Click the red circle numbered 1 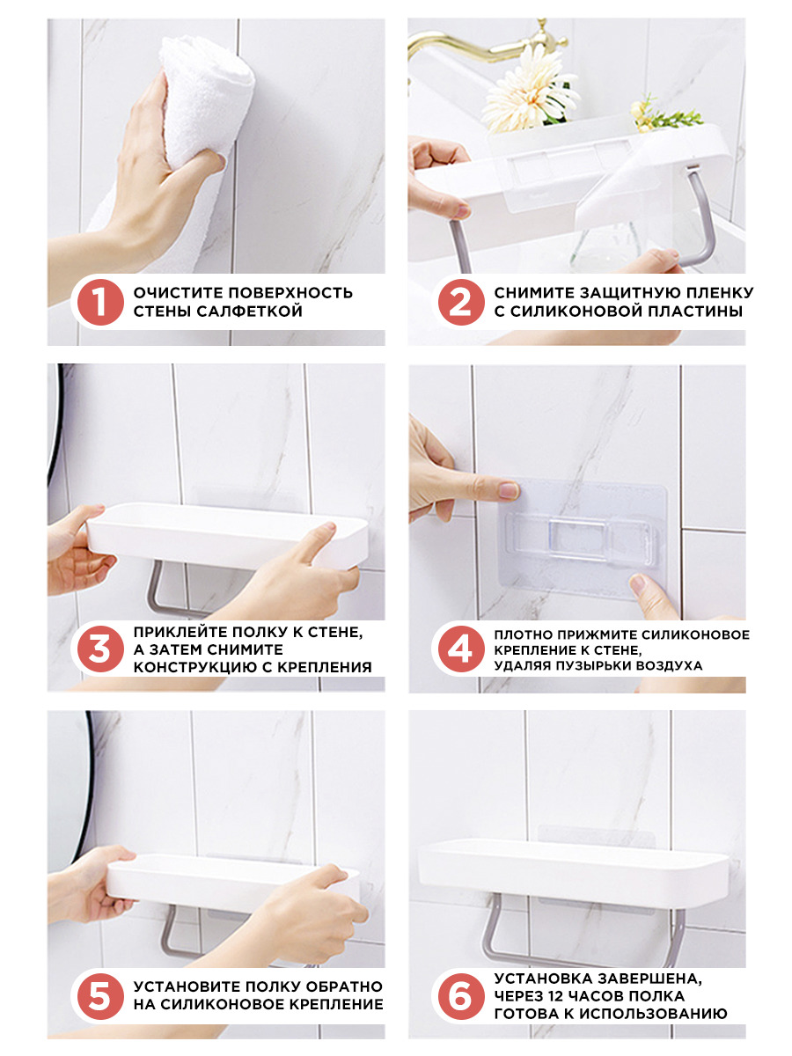pos(100,302)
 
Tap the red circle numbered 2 pos(460,302)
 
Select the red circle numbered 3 pos(100,649)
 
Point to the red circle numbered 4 pos(460,649)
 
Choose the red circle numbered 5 pos(100,996)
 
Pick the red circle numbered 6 pos(460,996)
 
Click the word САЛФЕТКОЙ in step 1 pos(250,312)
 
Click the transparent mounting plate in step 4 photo pos(583,539)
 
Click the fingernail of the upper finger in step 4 pos(509,490)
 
